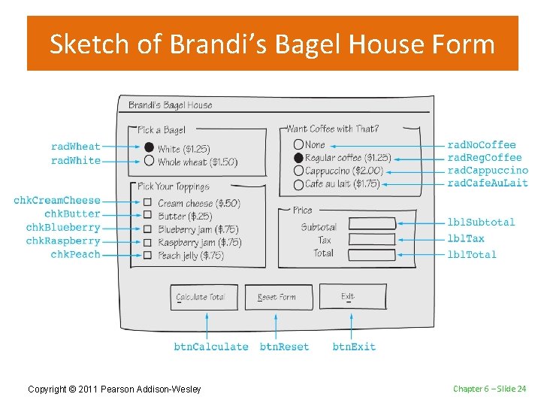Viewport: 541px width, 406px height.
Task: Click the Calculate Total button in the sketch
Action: tap(204, 297)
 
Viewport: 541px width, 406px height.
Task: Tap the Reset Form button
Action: tap(277, 297)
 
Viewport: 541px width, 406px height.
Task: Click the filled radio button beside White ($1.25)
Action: tap(149, 148)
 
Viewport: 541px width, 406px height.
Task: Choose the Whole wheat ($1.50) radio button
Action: tap(149, 161)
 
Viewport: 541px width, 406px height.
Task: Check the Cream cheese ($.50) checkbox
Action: tap(147, 202)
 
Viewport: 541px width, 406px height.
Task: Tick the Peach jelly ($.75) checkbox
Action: tap(147, 256)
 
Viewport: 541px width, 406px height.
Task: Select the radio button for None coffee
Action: tap(298, 144)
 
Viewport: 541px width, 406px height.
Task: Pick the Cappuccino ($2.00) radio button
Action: tap(298, 171)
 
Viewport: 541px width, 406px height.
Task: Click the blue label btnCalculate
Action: tap(210, 347)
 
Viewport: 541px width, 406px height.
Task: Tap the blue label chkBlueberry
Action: tap(63, 228)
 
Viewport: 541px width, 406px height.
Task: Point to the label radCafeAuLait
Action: tap(488, 183)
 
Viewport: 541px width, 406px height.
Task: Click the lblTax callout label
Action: tap(466, 239)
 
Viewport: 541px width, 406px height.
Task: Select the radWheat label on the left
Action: tap(75, 147)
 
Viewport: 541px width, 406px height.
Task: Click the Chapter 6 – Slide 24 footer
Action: tap(489, 389)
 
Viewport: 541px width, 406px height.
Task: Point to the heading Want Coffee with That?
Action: tap(333, 129)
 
